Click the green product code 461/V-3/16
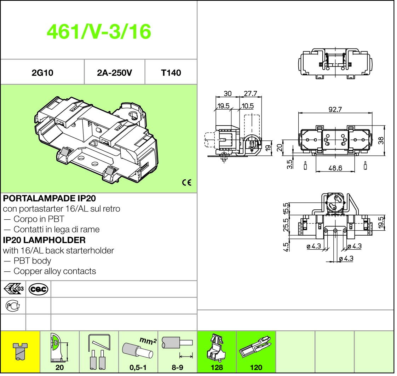99,31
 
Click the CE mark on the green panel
187,183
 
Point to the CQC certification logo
38,289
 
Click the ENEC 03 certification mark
13,289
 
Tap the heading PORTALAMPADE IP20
50,198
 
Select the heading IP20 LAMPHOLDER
44,240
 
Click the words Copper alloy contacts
55,271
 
